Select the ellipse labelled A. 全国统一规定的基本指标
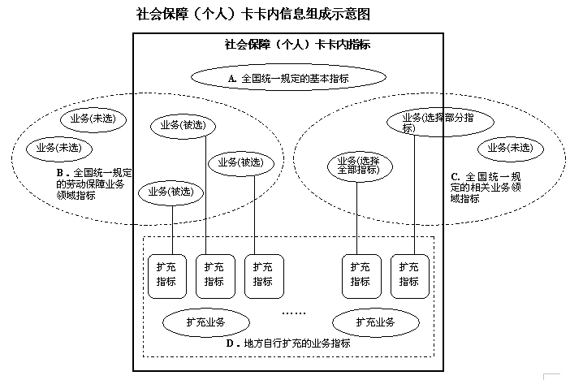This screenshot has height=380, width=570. coord(287,79)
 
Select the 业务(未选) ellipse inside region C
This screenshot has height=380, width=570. coord(510,148)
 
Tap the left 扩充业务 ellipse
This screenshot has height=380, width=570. coord(205,322)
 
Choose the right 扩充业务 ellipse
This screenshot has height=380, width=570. coord(374,322)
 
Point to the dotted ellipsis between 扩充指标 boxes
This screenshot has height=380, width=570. coord(293,311)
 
